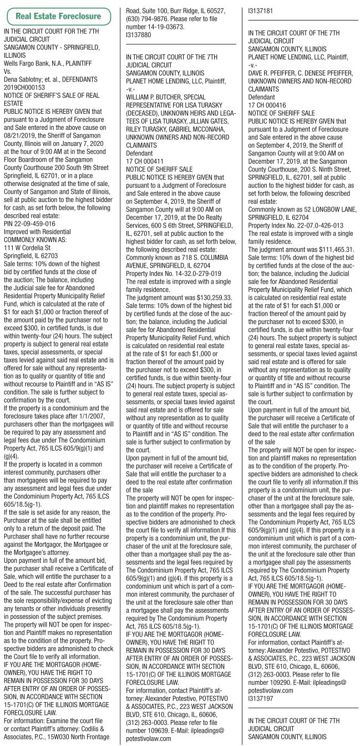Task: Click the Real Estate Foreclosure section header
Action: [59, 16]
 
